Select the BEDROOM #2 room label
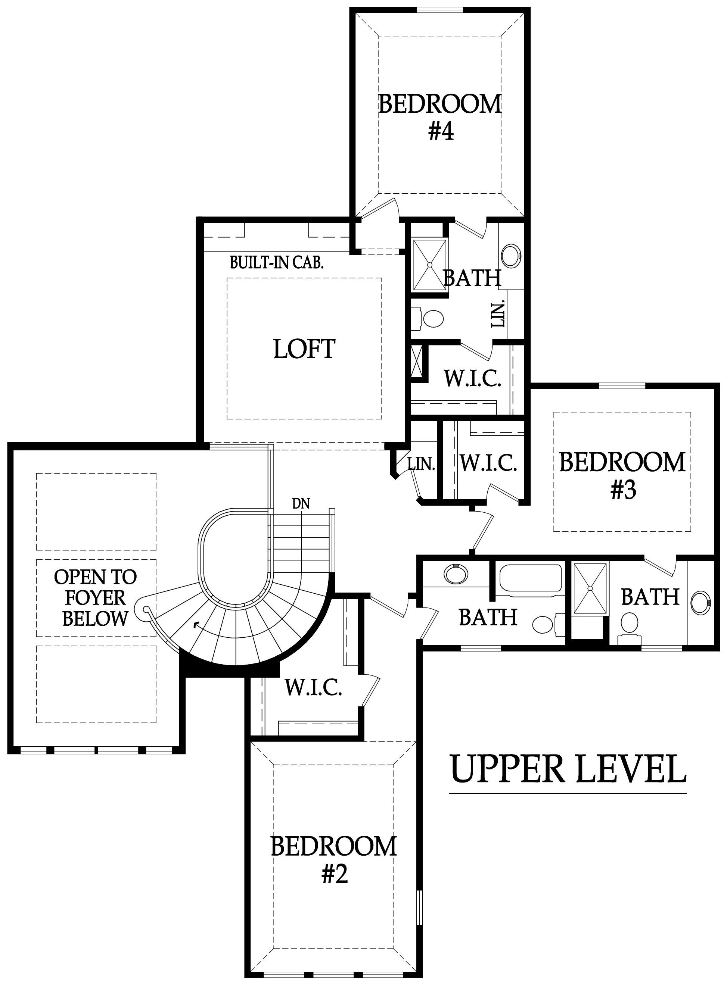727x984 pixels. [334, 860]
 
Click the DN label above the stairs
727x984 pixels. [301, 503]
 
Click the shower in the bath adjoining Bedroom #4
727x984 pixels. [429, 265]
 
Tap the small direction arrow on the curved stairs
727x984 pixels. [195, 624]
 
